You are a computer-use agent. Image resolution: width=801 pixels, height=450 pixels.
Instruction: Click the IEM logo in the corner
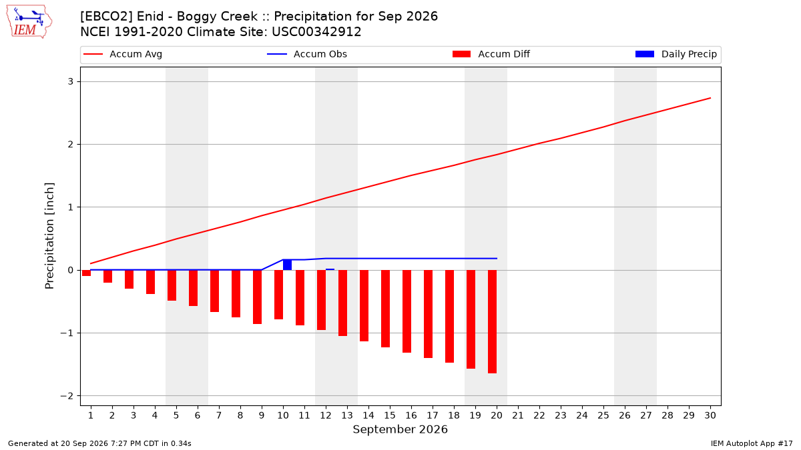click(x=29, y=22)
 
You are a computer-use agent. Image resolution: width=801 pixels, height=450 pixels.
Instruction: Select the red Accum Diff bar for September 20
click(x=493, y=322)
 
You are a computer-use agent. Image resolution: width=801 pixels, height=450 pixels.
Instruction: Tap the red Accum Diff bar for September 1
click(x=86, y=273)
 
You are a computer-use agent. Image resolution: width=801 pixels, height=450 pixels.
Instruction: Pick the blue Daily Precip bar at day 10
click(x=288, y=265)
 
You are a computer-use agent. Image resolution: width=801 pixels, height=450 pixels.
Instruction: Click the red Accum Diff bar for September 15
click(x=386, y=309)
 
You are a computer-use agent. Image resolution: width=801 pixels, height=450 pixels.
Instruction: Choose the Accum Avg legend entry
click(x=123, y=54)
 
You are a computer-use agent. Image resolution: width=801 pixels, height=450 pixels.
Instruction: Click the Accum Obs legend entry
click(x=307, y=54)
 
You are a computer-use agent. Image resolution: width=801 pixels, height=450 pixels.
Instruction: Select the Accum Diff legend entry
click(x=491, y=54)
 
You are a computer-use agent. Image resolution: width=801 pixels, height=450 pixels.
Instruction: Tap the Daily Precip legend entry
click(x=676, y=54)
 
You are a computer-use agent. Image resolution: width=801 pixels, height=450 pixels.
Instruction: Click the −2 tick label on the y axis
click(x=67, y=396)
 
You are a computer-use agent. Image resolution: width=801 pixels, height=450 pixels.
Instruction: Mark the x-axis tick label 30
click(x=710, y=415)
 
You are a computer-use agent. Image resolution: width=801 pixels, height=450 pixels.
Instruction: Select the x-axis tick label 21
click(x=518, y=415)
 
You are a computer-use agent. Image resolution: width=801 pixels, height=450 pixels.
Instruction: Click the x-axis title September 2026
click(x=400, y=429)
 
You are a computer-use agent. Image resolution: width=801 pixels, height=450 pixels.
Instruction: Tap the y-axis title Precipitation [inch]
click(x=49, y=236)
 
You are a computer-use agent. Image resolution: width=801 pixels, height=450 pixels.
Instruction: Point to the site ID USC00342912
click(x=316, y=32)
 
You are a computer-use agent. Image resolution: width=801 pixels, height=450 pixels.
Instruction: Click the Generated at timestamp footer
click(x=99, y=443)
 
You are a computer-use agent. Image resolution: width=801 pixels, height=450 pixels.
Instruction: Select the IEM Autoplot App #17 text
click(x=752, y=443)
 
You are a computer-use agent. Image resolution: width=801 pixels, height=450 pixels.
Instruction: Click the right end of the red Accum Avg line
click(x=710, y=98)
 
